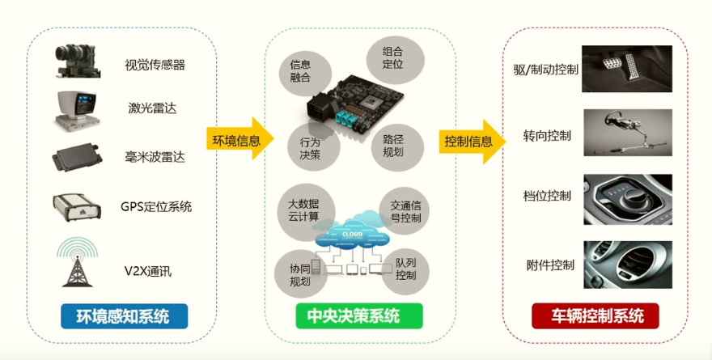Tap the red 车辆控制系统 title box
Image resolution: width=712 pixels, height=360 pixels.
(595, 316)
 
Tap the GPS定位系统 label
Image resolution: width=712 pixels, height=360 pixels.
(156, 206)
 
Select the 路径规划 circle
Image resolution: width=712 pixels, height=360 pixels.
(392, 146)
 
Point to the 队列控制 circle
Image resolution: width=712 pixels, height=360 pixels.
(405, 270)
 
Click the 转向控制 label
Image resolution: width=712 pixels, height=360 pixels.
(547, 136)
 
